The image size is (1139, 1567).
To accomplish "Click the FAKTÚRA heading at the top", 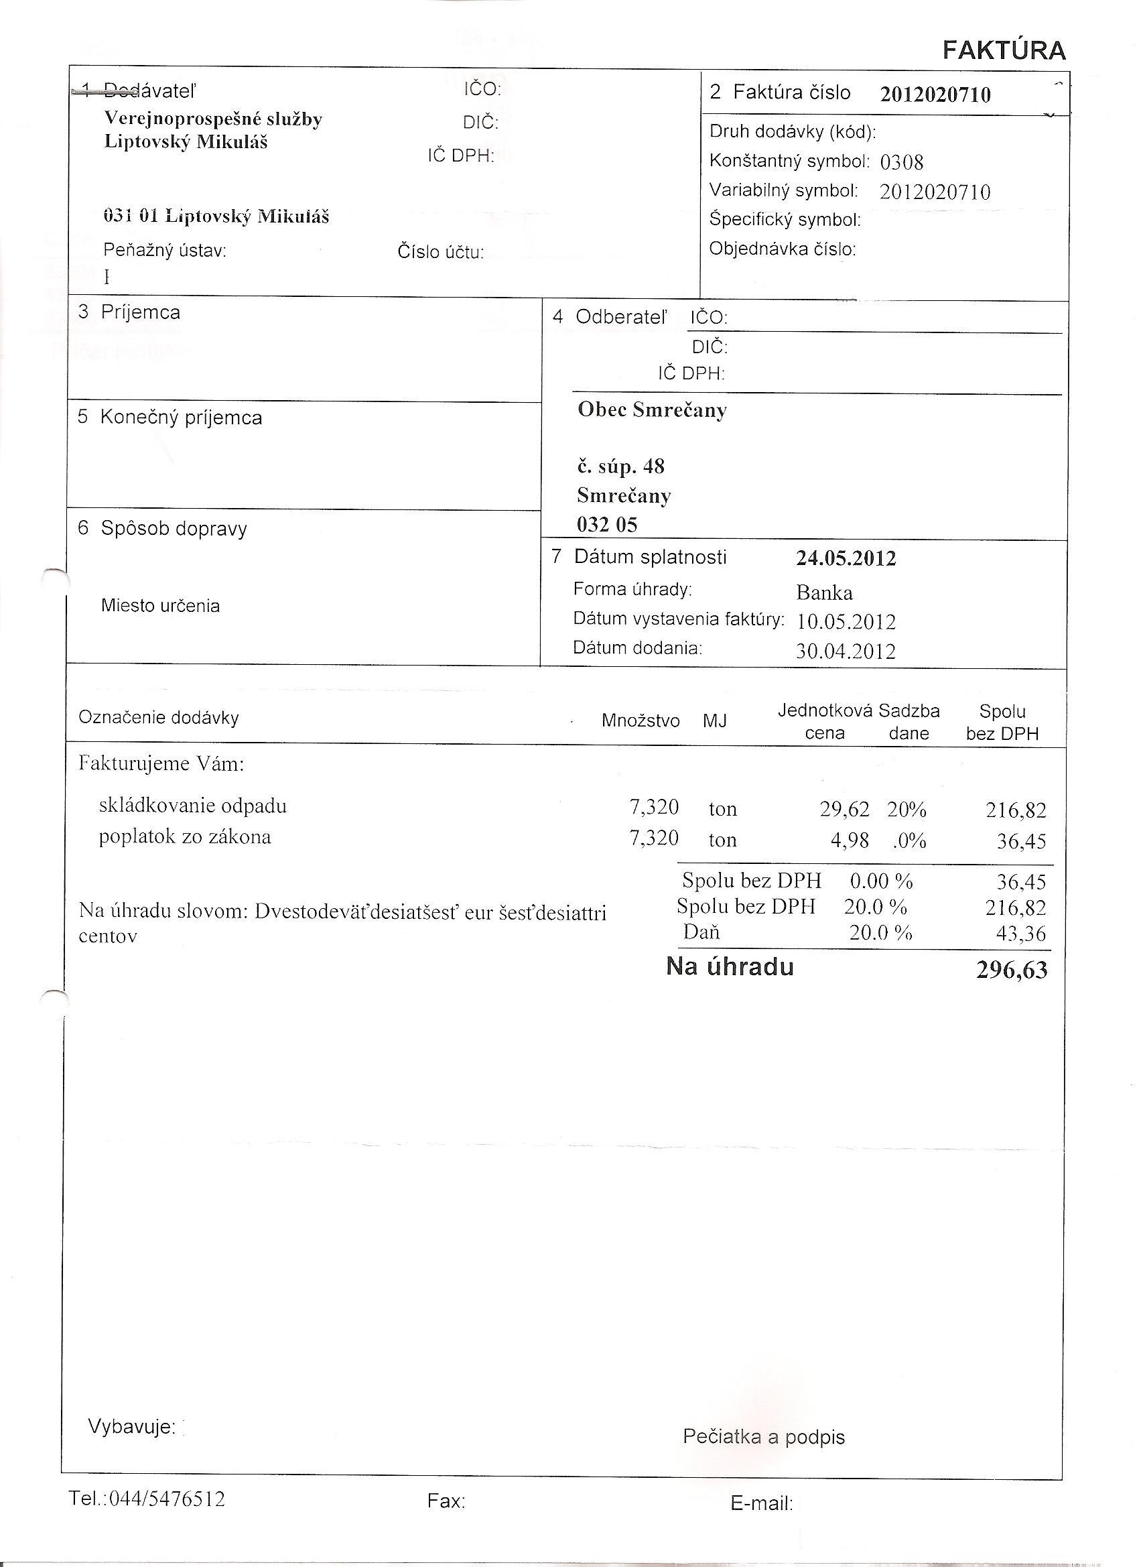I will (1004, 50).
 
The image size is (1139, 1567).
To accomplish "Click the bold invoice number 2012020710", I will (935, 95).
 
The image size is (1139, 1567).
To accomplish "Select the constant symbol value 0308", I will (901, 162).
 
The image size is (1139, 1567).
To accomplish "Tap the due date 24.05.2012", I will (846, 558).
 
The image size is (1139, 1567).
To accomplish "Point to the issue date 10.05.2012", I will (846, 622).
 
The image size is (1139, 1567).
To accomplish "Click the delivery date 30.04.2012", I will (846, 651).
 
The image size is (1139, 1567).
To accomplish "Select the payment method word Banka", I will (824, 592).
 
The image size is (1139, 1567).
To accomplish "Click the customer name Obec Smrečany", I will (652, 410).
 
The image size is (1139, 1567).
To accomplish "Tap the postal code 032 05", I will (606, 525).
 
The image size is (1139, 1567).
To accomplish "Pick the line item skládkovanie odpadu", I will (192, 806).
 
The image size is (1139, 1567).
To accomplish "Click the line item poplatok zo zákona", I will (184, 837).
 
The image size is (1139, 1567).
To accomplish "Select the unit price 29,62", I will (844, 808).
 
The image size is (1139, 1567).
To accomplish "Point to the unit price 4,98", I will (849, 840).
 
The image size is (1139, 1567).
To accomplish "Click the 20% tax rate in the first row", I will (907, 809).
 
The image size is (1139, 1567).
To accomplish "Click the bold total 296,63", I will (1011, 970).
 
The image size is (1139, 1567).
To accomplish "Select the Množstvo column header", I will (641, 721).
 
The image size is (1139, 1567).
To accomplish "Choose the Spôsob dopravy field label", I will (174, 529).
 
